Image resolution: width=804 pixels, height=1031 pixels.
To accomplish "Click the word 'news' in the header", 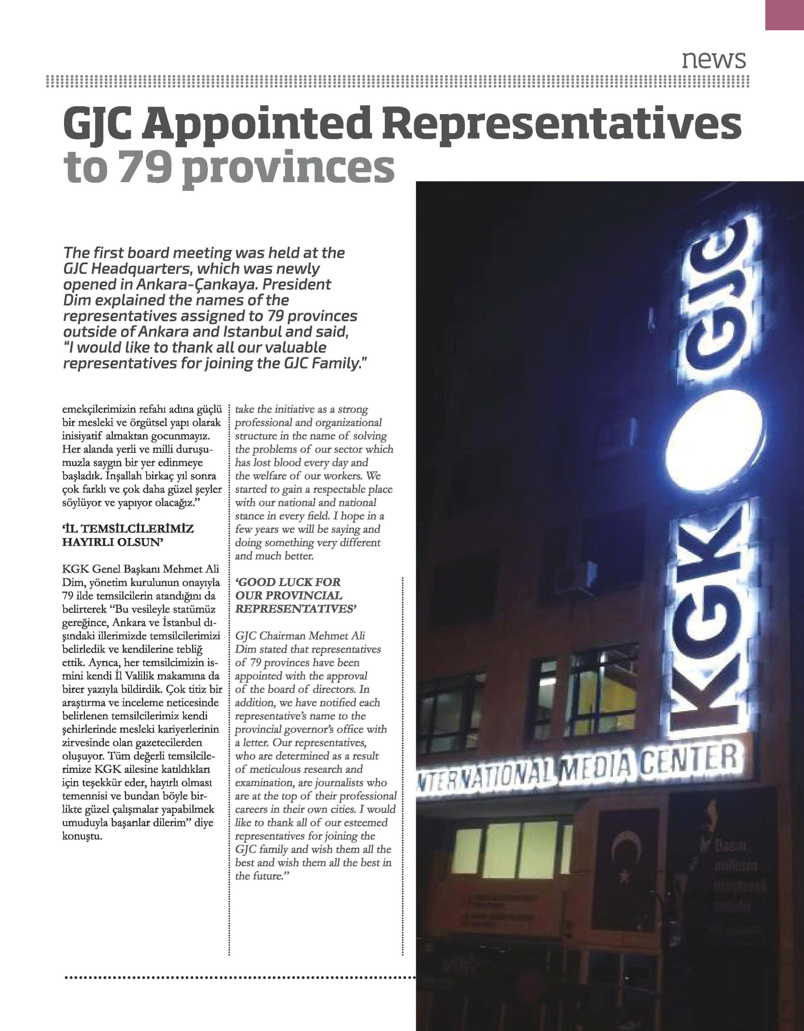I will [713, 60].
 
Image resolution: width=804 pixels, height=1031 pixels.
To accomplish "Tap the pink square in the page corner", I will [784, 14].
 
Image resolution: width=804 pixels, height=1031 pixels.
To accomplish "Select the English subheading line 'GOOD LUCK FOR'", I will [288, 582].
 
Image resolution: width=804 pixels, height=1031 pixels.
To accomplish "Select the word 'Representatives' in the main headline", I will [562, 123].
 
